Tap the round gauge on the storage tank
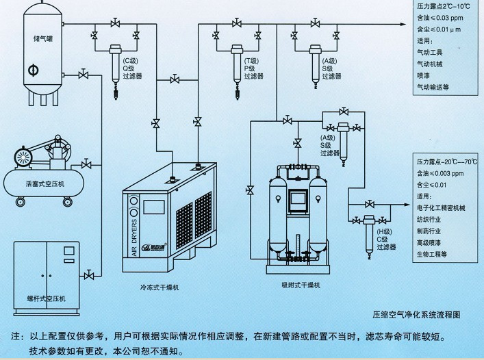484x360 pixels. tap(32, 70)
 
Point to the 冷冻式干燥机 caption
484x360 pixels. tap(161, 290)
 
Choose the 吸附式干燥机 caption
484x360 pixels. tap(296, 284)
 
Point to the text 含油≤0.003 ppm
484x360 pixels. tap(444, 174)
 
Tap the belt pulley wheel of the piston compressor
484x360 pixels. tap(23, 158)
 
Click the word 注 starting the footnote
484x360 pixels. tap(16, 337)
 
